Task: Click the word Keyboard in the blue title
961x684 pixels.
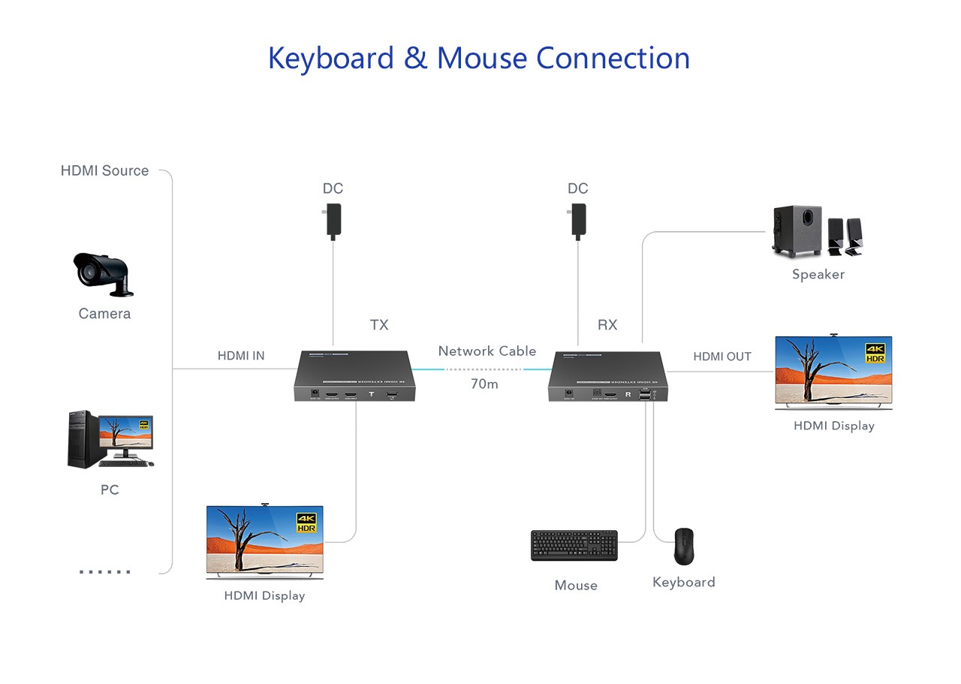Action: pyautogui.click(x=330, y=59)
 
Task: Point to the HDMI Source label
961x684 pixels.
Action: pyautogui.click(x=104, y=171)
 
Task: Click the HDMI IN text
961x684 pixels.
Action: pyautogui.click(x=241, y=356)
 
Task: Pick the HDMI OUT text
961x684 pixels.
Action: pyautogui.click(x=722, y=357)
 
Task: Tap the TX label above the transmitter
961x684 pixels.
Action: pyautogui.click(x=379, y=325)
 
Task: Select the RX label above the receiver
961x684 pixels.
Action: pyautogui.click(x=607, y=325)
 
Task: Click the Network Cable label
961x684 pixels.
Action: pyautogui.click(x=487, y=351)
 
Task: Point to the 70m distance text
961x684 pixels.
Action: pyautogui.click(x=484, y=384)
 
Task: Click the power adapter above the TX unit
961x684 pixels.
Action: pyautogui.click(x=333, y=224)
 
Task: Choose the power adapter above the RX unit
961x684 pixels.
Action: pyautogui.click(x=577, y=224)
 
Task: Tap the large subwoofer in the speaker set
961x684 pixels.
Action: pyautogui.click(x=797, y=231)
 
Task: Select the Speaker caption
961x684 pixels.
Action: pyautogui.click(x=818, y=275)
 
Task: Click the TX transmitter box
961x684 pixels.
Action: pyautogui.click(x=354, y=375)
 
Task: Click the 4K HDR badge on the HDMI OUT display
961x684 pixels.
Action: pyautogui.click(x=875, y=353)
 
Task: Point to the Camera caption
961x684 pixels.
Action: pyautogui.click(x=104, y=314)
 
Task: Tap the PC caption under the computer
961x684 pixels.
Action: pyautogui.click(x=110, y=490)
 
